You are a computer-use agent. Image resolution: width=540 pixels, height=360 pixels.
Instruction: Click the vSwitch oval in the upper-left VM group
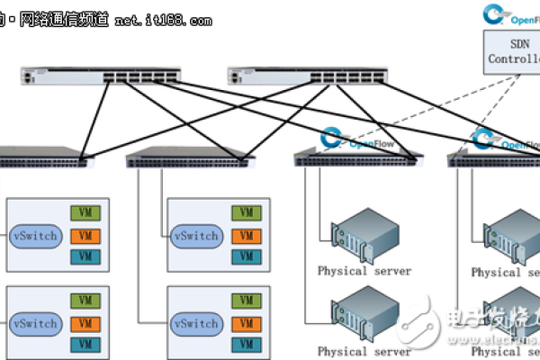pyautogui.click(x=36, y=237)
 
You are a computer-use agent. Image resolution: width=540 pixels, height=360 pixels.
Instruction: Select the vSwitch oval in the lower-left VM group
pyautogui.click(x=36, y=323)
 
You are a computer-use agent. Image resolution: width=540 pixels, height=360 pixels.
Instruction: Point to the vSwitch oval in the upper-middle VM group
pyautogui.click(x=195, y=237)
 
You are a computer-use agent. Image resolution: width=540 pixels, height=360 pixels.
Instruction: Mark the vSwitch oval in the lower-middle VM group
pyautogui.click(x=195, y=323)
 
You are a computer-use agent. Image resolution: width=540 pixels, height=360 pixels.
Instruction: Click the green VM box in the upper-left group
pyautogui.click(x=85, y=214)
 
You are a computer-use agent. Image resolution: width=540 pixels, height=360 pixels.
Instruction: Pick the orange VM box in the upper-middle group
pyautogui.click(x=244, y=236)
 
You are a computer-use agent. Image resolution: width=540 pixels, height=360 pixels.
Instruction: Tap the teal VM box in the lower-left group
pyautogui.click(x=85, y=344)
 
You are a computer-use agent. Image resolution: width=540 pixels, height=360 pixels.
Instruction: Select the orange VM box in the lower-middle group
pyautogui.click(x=244, y=322)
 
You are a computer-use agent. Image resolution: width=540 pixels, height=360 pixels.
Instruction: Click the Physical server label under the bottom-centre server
pyautogui.click(x=364, y=351)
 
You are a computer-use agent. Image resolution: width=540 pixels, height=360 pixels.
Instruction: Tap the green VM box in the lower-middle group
pyautogui.click(x=244, y=301)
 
